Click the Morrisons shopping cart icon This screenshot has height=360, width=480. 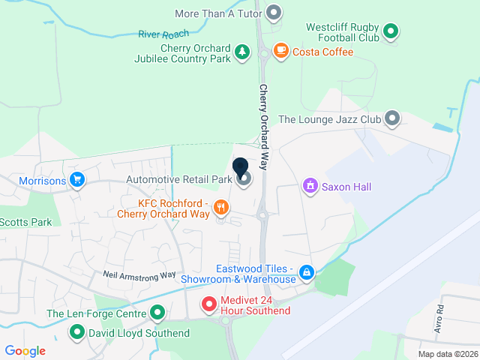pos(76,180)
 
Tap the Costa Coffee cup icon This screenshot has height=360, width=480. pos(281,51)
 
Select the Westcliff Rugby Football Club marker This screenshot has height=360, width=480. pos(390,31)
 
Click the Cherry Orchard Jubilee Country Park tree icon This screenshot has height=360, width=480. pos(241,52)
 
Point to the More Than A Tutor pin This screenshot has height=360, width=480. pos(274,13)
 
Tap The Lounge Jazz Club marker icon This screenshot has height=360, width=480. pos(391,118)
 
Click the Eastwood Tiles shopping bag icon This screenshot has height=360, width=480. pos(306,272)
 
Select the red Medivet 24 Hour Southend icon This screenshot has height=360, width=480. pos(210,304)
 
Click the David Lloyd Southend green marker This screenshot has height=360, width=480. pos(76,331)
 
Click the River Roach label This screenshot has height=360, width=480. pos(162,34)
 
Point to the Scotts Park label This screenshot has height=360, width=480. pos(26,222)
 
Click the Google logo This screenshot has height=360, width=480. pos(25,350)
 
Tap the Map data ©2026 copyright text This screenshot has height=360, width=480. pos(447,354)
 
